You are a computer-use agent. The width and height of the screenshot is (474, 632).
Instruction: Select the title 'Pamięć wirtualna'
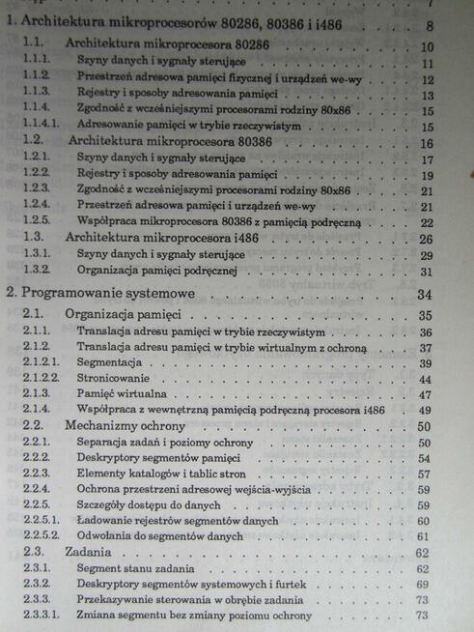coord(122,394)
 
